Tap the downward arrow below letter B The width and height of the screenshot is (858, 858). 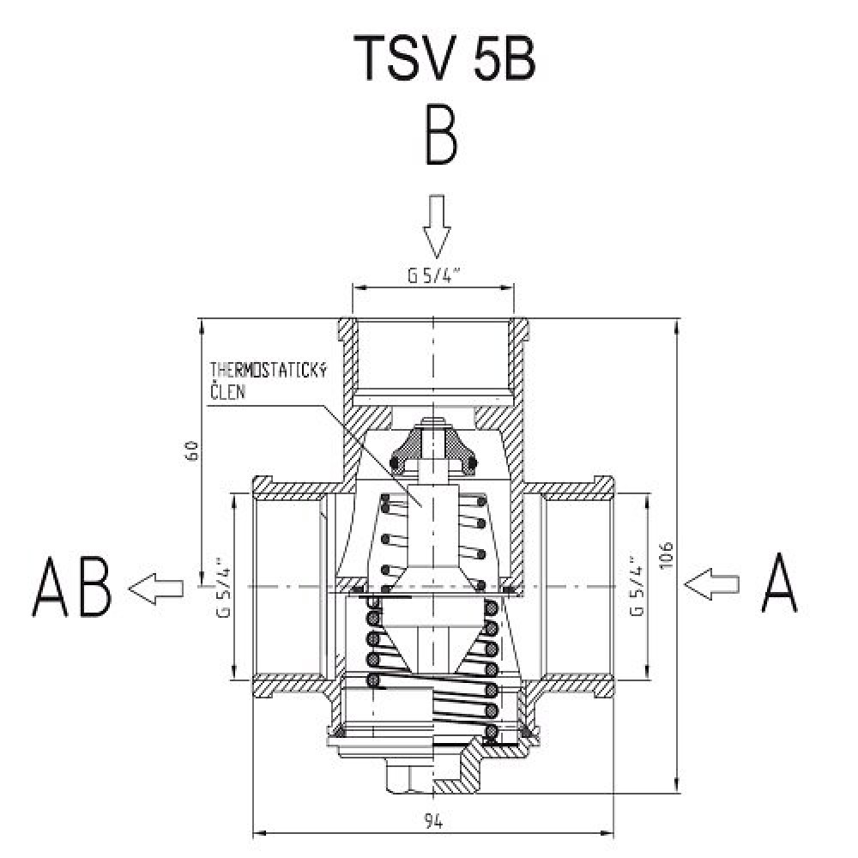[x=436, y=226]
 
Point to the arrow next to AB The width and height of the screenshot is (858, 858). [x=157, y=588]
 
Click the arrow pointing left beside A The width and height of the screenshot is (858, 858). [x=712, y=583]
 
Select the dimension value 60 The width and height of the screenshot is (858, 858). [x=192, y=453]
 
